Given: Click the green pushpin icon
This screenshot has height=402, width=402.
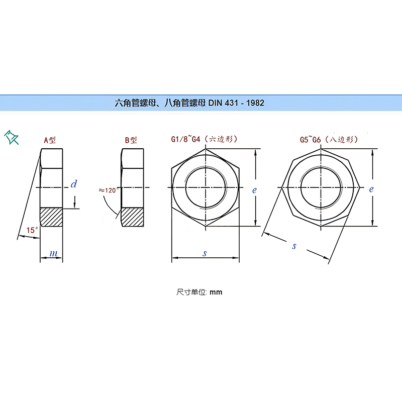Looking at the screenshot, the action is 11,137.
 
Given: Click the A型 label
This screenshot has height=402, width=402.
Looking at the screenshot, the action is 50,140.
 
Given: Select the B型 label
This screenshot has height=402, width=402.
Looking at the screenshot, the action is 131,140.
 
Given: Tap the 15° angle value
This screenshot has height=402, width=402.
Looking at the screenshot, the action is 32,230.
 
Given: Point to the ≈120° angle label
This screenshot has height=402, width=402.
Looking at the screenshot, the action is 109,190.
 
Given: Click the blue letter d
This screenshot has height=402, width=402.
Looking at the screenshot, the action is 74,184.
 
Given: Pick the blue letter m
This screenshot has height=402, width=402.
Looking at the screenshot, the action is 53,254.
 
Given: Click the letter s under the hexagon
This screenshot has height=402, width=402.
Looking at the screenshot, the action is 205,253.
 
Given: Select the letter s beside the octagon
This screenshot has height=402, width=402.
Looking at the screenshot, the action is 294,246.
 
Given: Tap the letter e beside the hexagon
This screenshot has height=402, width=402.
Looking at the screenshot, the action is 254,190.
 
